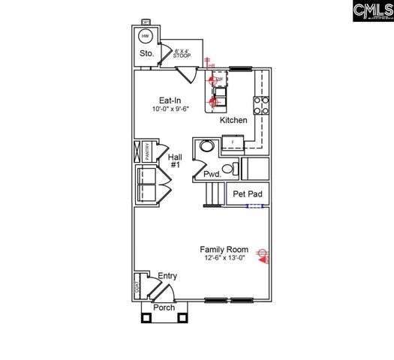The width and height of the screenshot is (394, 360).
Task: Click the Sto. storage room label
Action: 146,55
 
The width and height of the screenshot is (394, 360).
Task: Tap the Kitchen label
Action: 233,120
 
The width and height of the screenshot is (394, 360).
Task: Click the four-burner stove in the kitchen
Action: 261,105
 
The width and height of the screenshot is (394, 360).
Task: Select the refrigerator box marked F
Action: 233,141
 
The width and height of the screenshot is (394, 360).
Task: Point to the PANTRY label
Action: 147,151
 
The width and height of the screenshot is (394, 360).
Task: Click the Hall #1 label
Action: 176,160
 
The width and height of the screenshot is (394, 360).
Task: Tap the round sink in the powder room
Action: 203,148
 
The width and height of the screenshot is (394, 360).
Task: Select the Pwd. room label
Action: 212,175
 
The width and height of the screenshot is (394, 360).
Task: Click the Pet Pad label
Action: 247,194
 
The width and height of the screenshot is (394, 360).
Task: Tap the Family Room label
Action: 224,249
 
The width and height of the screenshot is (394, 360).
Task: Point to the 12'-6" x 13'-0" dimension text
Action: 224,258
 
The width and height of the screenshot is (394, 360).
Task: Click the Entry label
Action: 167,277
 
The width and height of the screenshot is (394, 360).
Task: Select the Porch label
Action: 164,307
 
